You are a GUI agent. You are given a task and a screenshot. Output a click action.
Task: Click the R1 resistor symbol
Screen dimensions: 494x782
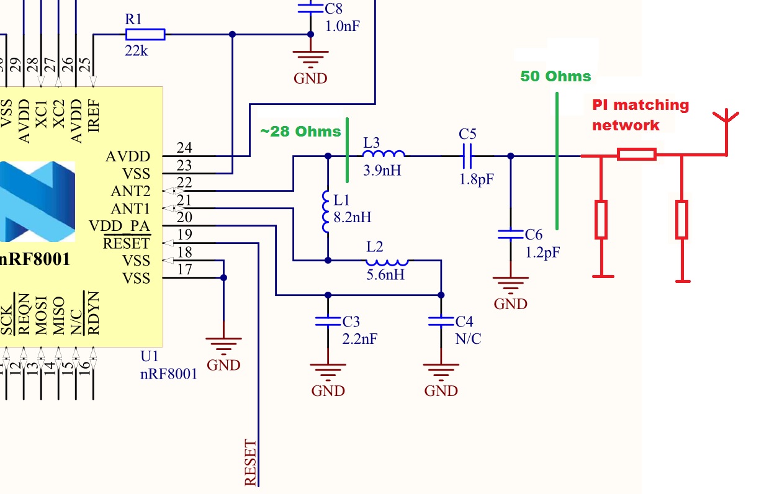pyautogui.click(x=146, y=34)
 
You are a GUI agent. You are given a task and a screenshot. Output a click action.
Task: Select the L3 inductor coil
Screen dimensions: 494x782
pyautogui.click(x=384, y=155)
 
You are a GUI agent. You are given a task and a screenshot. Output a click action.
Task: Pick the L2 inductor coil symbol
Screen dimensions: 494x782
pyautogui.click(x=387, y=261)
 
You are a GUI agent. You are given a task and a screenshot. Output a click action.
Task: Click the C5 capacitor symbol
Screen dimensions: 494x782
pyautogui.click(x=467, y=156)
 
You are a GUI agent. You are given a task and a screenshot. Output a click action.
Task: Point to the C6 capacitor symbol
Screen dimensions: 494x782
pyautogui.click(x=510, y=234)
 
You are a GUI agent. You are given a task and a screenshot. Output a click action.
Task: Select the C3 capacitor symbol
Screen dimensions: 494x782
pyautogui.click(x=328, y=321)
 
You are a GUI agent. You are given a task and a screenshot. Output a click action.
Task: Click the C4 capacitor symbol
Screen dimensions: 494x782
pyautogui.click(x=441, y=321)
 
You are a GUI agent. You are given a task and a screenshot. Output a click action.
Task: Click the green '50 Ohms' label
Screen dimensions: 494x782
pyautogui.click(x=555, y=76)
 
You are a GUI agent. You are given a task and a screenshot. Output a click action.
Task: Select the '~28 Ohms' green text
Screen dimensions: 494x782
pyautogui.click(x=301, y=132)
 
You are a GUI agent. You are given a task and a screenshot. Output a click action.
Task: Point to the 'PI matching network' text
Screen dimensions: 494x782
pyautogui.click(x=639, y=115)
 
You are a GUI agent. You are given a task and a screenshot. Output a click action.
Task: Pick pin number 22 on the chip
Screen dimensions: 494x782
pyautogui.click(x=184, y=182)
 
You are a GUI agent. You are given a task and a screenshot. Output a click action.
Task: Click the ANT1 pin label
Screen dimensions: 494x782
pyautogui.click(x=130, y=209)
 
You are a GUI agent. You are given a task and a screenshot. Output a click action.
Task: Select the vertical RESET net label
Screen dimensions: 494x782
pyautogui.click(x=250, y=462)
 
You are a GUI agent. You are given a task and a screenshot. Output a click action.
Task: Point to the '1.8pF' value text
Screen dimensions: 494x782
pyautogui.click(x=477, y=180)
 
